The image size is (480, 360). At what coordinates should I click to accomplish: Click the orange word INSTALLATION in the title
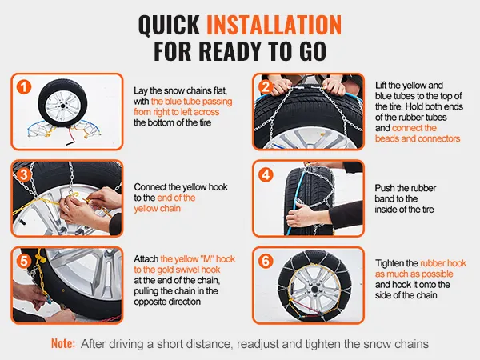tap(274, 24)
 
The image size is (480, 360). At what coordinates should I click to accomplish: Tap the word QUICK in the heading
tap(170, 25)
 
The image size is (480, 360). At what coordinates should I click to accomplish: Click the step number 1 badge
tap(24, 87)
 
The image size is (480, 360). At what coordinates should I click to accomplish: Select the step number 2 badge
tap(266, 87)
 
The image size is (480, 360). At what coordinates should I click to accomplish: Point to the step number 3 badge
tap(24, 174)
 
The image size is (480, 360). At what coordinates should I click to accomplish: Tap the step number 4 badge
tap(266, 174)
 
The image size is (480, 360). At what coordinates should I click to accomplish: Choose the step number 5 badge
tap(24, 262)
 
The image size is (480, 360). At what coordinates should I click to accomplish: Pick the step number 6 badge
tap(266, 262)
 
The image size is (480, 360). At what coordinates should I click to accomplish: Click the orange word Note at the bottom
tap(63, 343)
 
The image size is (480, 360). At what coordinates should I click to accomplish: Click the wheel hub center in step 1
tap(62, 106)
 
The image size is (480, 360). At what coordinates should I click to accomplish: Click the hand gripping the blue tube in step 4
tap(298, 214)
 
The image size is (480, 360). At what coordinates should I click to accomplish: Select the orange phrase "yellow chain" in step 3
tap(157, 209)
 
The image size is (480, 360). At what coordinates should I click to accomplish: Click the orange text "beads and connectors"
tap(418, 138)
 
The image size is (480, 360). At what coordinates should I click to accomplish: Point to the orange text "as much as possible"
tap(414, 274)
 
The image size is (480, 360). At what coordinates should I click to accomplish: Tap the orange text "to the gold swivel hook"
tap(177, 270)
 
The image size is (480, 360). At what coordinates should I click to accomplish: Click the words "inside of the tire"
tap(404, 210)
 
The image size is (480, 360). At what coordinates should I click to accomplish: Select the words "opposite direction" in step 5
tap(167, 302)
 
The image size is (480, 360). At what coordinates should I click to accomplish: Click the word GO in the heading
tap(313, 51)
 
